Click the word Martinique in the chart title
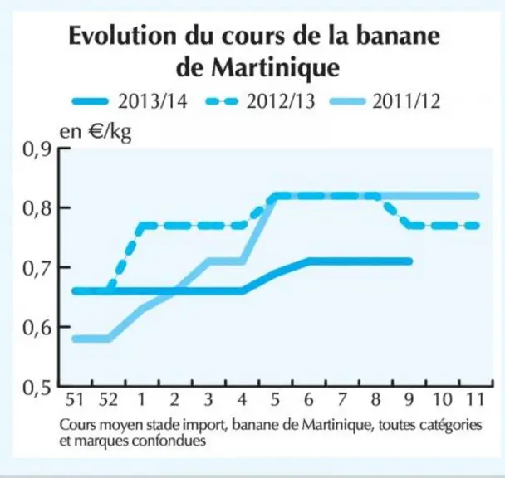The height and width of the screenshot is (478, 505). pyautogui.click(x=276, y=67)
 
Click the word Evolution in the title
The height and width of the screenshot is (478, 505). pyautogui.click(x=122, y=35)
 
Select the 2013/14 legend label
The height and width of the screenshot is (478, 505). pyautogui.click(x=152, y=102)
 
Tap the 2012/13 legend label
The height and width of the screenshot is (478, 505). pyautogui.click(x=280, y=102)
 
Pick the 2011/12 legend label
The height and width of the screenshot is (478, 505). pyautogui.click(x=406, y=102)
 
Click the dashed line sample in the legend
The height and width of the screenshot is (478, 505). pyautogui.click(x=222, y=102)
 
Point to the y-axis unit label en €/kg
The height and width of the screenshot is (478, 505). pyautogui.click(x=96, y=132)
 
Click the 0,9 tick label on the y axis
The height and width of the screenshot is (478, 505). pyautogui.click(x=37, y=149)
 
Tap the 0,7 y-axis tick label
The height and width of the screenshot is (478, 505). pyautogui.click(x=37, y=268)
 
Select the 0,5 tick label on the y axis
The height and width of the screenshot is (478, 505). pyautogui.click(x=37, y=388)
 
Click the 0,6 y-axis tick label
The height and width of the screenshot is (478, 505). pyautogui.click(x=37, y=328)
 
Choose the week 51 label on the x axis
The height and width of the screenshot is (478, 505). pyautogui.click(x=75, y=400)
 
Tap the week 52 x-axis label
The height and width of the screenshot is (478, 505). pyautogui.click(x=109, y=400)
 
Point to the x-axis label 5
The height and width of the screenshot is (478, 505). pyautogui.click(x=275, y=400)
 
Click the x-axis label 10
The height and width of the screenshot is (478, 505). pyautogui.click(x=443, y=400)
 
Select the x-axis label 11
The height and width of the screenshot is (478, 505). pyautogui.click(x=476, y=400)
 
